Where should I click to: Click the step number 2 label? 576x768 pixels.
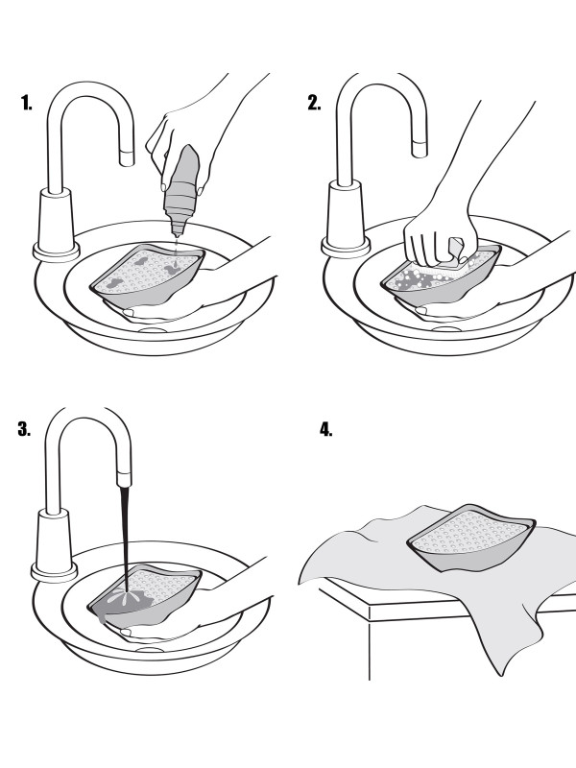315,104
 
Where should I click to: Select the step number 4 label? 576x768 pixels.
325,429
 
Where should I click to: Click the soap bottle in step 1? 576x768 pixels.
183,192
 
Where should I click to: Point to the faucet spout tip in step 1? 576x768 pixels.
127,154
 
